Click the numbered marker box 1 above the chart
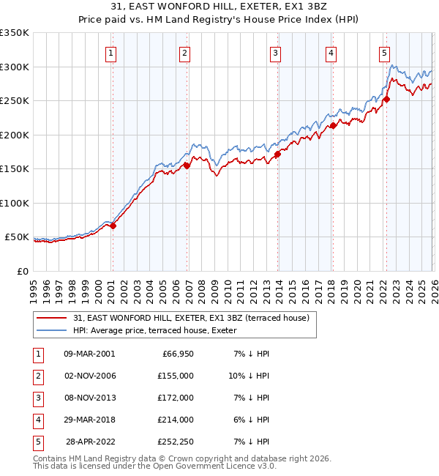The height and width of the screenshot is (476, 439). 110,53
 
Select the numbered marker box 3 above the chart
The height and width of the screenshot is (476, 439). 275,53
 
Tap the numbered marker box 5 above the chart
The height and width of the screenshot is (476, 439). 384,53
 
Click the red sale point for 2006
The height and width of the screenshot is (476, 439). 187,166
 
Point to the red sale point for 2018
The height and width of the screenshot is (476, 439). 333,125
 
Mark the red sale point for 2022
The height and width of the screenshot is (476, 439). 386,100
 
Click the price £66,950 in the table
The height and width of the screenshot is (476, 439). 176,354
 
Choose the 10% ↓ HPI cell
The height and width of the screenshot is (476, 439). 249,376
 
